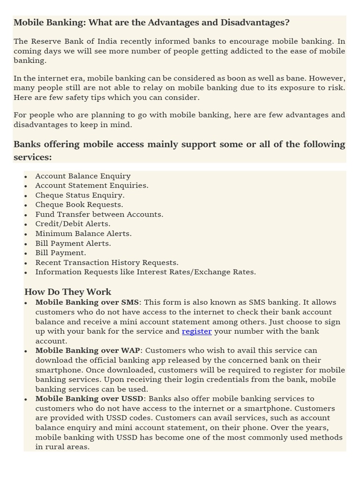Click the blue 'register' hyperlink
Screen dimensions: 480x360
click(196, 331)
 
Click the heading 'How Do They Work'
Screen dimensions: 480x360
click(67, 292)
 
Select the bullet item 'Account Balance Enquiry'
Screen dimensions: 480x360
click(83, 176)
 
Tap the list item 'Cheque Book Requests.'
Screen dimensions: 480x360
click(79, 205)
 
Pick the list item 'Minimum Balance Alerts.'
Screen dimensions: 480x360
click(83, 233)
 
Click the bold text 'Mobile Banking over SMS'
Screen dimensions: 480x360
click(87, 302)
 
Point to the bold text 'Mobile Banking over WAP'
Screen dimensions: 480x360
click(88, 351)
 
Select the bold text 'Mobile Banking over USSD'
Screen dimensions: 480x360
click(89, 399)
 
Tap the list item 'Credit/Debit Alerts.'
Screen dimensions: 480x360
click(73, 224)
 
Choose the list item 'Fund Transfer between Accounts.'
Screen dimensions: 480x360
click(99, 214)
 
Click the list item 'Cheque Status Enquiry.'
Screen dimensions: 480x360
click(80, 195)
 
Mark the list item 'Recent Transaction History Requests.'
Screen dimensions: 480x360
click(107, 262)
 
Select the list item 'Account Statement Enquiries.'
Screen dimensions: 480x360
click(92, 186)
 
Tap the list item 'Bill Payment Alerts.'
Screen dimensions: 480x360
click(73, 243)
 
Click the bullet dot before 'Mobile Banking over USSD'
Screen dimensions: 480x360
click(26, 400)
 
